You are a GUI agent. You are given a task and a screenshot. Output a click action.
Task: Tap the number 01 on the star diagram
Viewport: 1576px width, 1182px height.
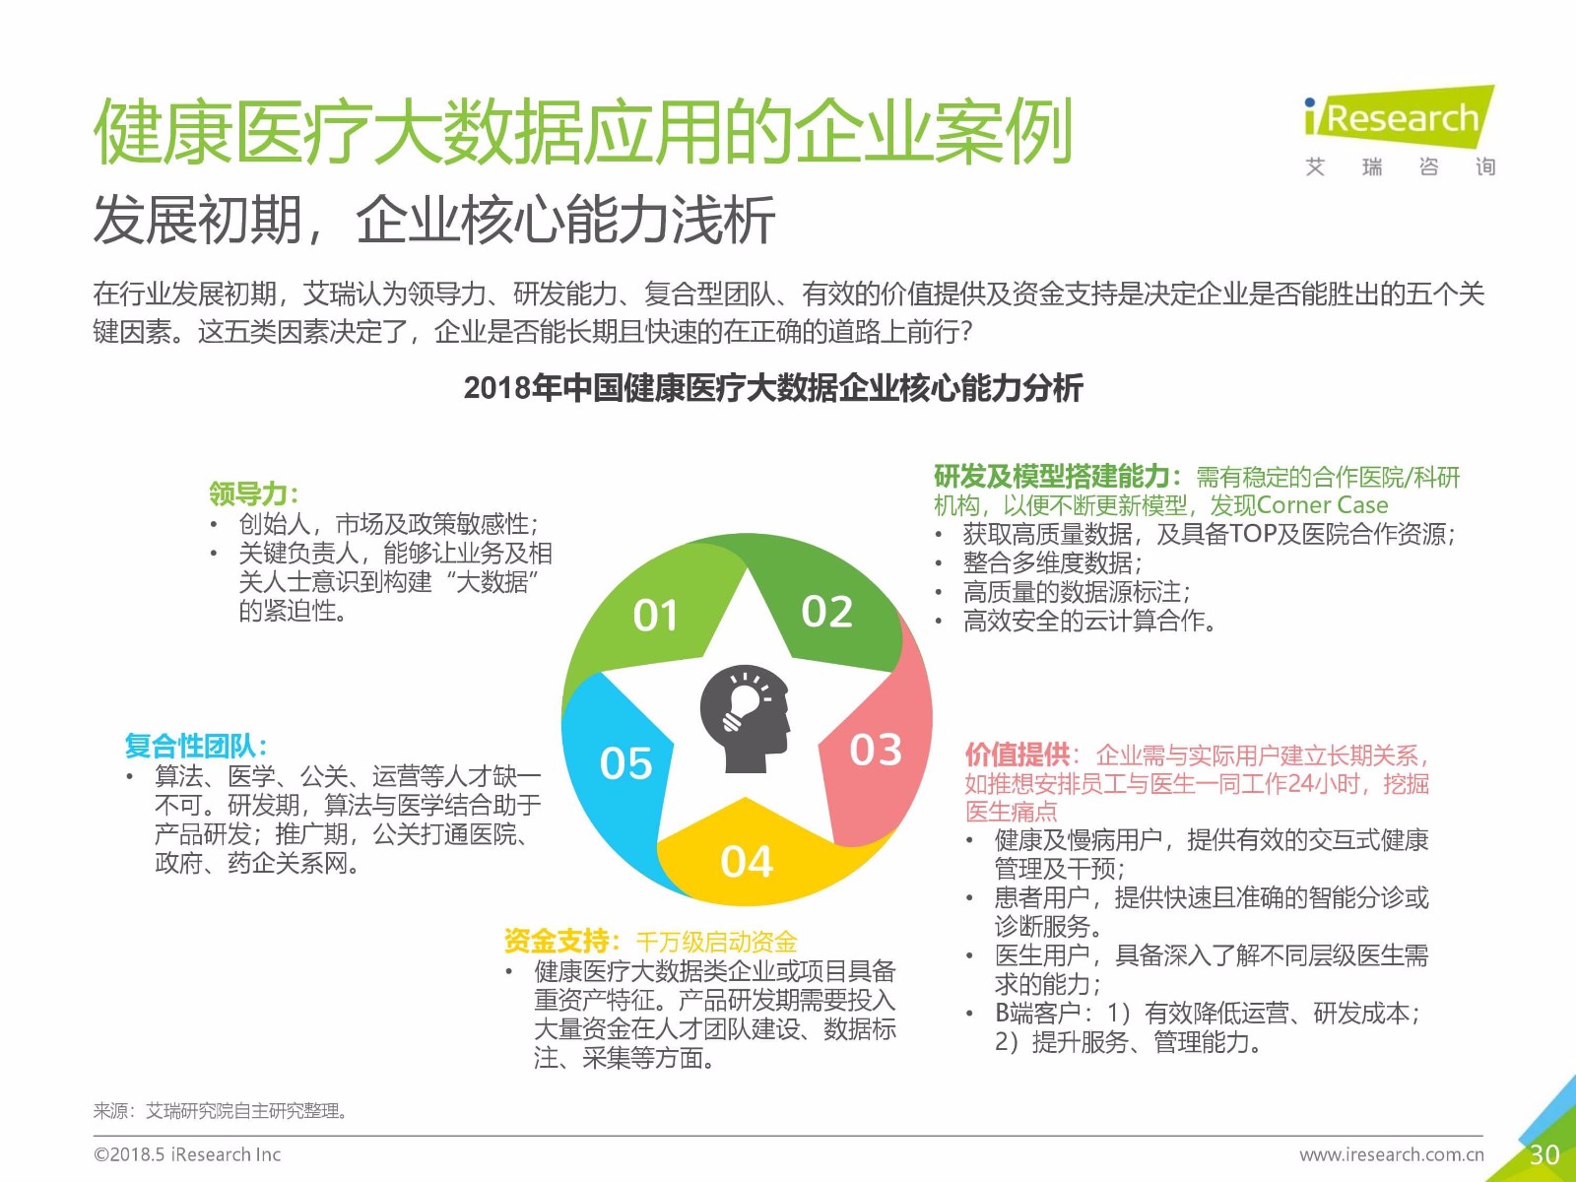(655, 615)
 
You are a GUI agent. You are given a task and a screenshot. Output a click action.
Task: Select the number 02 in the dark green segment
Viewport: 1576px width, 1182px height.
(827, 612)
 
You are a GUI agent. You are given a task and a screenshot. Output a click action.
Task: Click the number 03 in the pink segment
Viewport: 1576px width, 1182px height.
(876, 750)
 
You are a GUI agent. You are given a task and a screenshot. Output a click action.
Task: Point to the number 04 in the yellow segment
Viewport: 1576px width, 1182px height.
(747, 861)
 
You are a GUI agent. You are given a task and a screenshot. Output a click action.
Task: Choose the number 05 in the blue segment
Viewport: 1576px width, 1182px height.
(626, 762)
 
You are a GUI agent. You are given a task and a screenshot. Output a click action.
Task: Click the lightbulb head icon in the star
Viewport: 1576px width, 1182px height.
(745, 718)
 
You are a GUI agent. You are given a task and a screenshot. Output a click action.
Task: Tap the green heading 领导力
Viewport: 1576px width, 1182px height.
(253, 493)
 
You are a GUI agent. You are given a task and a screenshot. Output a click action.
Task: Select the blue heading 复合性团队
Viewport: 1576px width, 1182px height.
(196, 746)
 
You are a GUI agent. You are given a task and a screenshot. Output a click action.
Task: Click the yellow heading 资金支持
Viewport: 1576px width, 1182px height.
(561, 940)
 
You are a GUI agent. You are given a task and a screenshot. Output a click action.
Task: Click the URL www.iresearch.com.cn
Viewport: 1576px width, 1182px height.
(1392, 1154)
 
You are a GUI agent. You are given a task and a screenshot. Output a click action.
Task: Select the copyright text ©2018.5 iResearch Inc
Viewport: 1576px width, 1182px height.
(187, 1154)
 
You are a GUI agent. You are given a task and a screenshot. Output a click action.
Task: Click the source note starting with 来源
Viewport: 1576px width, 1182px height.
(222, 1111)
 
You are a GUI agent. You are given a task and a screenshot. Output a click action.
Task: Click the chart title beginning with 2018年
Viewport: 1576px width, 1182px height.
(773, 388)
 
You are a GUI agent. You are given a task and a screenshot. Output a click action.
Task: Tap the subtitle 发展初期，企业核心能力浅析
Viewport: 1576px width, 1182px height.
(434, 220)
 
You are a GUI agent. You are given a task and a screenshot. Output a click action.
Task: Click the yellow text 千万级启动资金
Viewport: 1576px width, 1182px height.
(716, 941)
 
